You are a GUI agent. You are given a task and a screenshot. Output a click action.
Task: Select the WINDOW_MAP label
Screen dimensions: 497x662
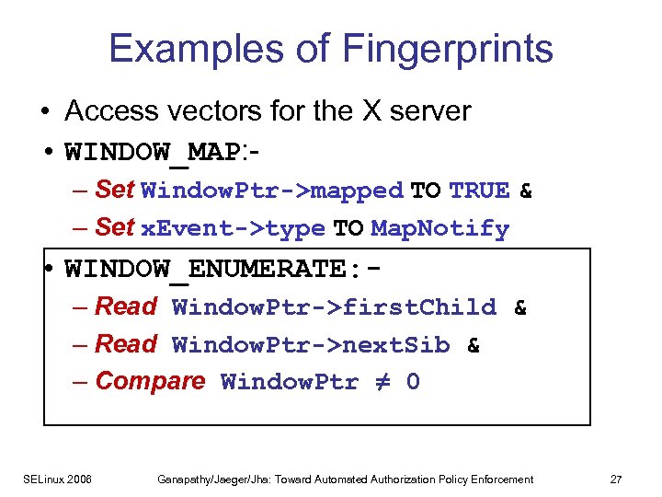(x=151, y=151)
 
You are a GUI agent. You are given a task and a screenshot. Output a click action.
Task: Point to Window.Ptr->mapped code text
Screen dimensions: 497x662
(x=272, y=191)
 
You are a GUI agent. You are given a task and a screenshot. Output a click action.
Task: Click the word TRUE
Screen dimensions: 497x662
(x=479, y=191)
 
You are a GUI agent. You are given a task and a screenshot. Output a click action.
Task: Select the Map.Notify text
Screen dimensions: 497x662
(x=439, y=228)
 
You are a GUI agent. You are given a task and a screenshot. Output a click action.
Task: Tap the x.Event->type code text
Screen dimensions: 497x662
(x=234, y=228)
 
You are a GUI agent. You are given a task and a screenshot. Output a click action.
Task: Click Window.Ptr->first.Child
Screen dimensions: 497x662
(x=334, y=306)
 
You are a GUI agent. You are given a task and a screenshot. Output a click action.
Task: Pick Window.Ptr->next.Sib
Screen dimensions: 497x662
(x=311, y=345)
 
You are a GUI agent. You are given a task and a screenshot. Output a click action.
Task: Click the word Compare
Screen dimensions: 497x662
(x=150, y=381)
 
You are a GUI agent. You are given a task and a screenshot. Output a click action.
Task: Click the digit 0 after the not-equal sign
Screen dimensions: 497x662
(x=413, y=382)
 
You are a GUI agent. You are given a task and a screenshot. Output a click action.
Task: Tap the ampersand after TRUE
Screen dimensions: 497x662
(x=526, y=191)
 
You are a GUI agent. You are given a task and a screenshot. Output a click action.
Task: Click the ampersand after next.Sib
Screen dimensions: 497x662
(x=474, y=345)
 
